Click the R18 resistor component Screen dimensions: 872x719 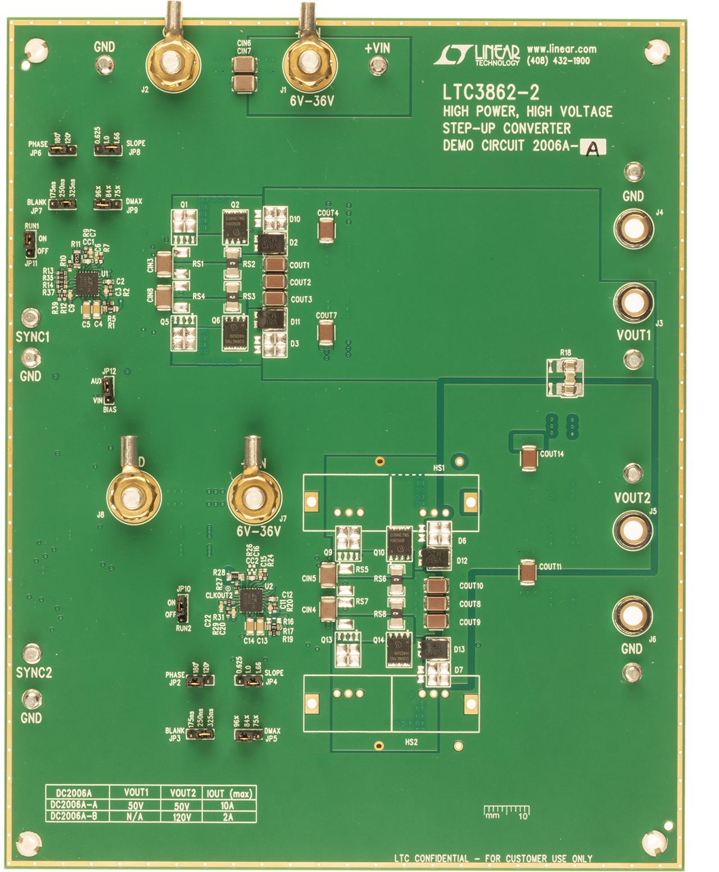[566, 377]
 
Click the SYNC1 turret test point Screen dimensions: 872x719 [30, 318]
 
